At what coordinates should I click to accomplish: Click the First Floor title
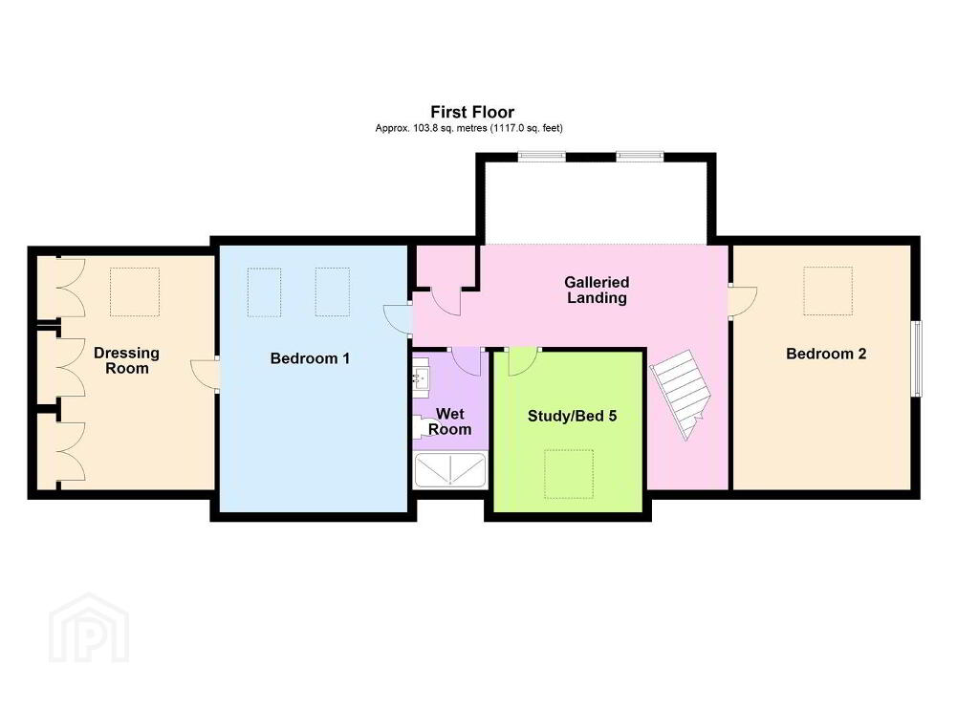coord(472,113)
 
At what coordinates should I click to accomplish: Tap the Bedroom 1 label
coord(310,358)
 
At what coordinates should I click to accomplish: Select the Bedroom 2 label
coord(826,354)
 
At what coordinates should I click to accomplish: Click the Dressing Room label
coord(127,361)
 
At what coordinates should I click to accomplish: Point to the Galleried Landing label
coord(597,290)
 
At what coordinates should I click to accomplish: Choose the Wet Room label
coord(449,421)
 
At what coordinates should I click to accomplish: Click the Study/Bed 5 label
coord(572,416)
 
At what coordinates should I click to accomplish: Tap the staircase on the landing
coord(681,395)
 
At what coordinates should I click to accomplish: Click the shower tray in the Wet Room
coord(450,469)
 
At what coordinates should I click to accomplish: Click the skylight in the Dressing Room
coord(135,292)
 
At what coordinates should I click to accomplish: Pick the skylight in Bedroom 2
coord(828,291)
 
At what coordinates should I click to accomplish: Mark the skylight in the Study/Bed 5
coord(568,474)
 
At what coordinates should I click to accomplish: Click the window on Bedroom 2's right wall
coord(917,358)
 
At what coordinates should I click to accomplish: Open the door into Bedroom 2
coord(743,302)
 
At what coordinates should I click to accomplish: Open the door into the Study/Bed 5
coord(523,361)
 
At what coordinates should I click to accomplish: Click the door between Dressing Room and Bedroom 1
coord(205,374)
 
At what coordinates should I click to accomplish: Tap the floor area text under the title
coord(468,129)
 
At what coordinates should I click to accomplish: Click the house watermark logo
coord(89,629)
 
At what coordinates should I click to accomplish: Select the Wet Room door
coord(466,362)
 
